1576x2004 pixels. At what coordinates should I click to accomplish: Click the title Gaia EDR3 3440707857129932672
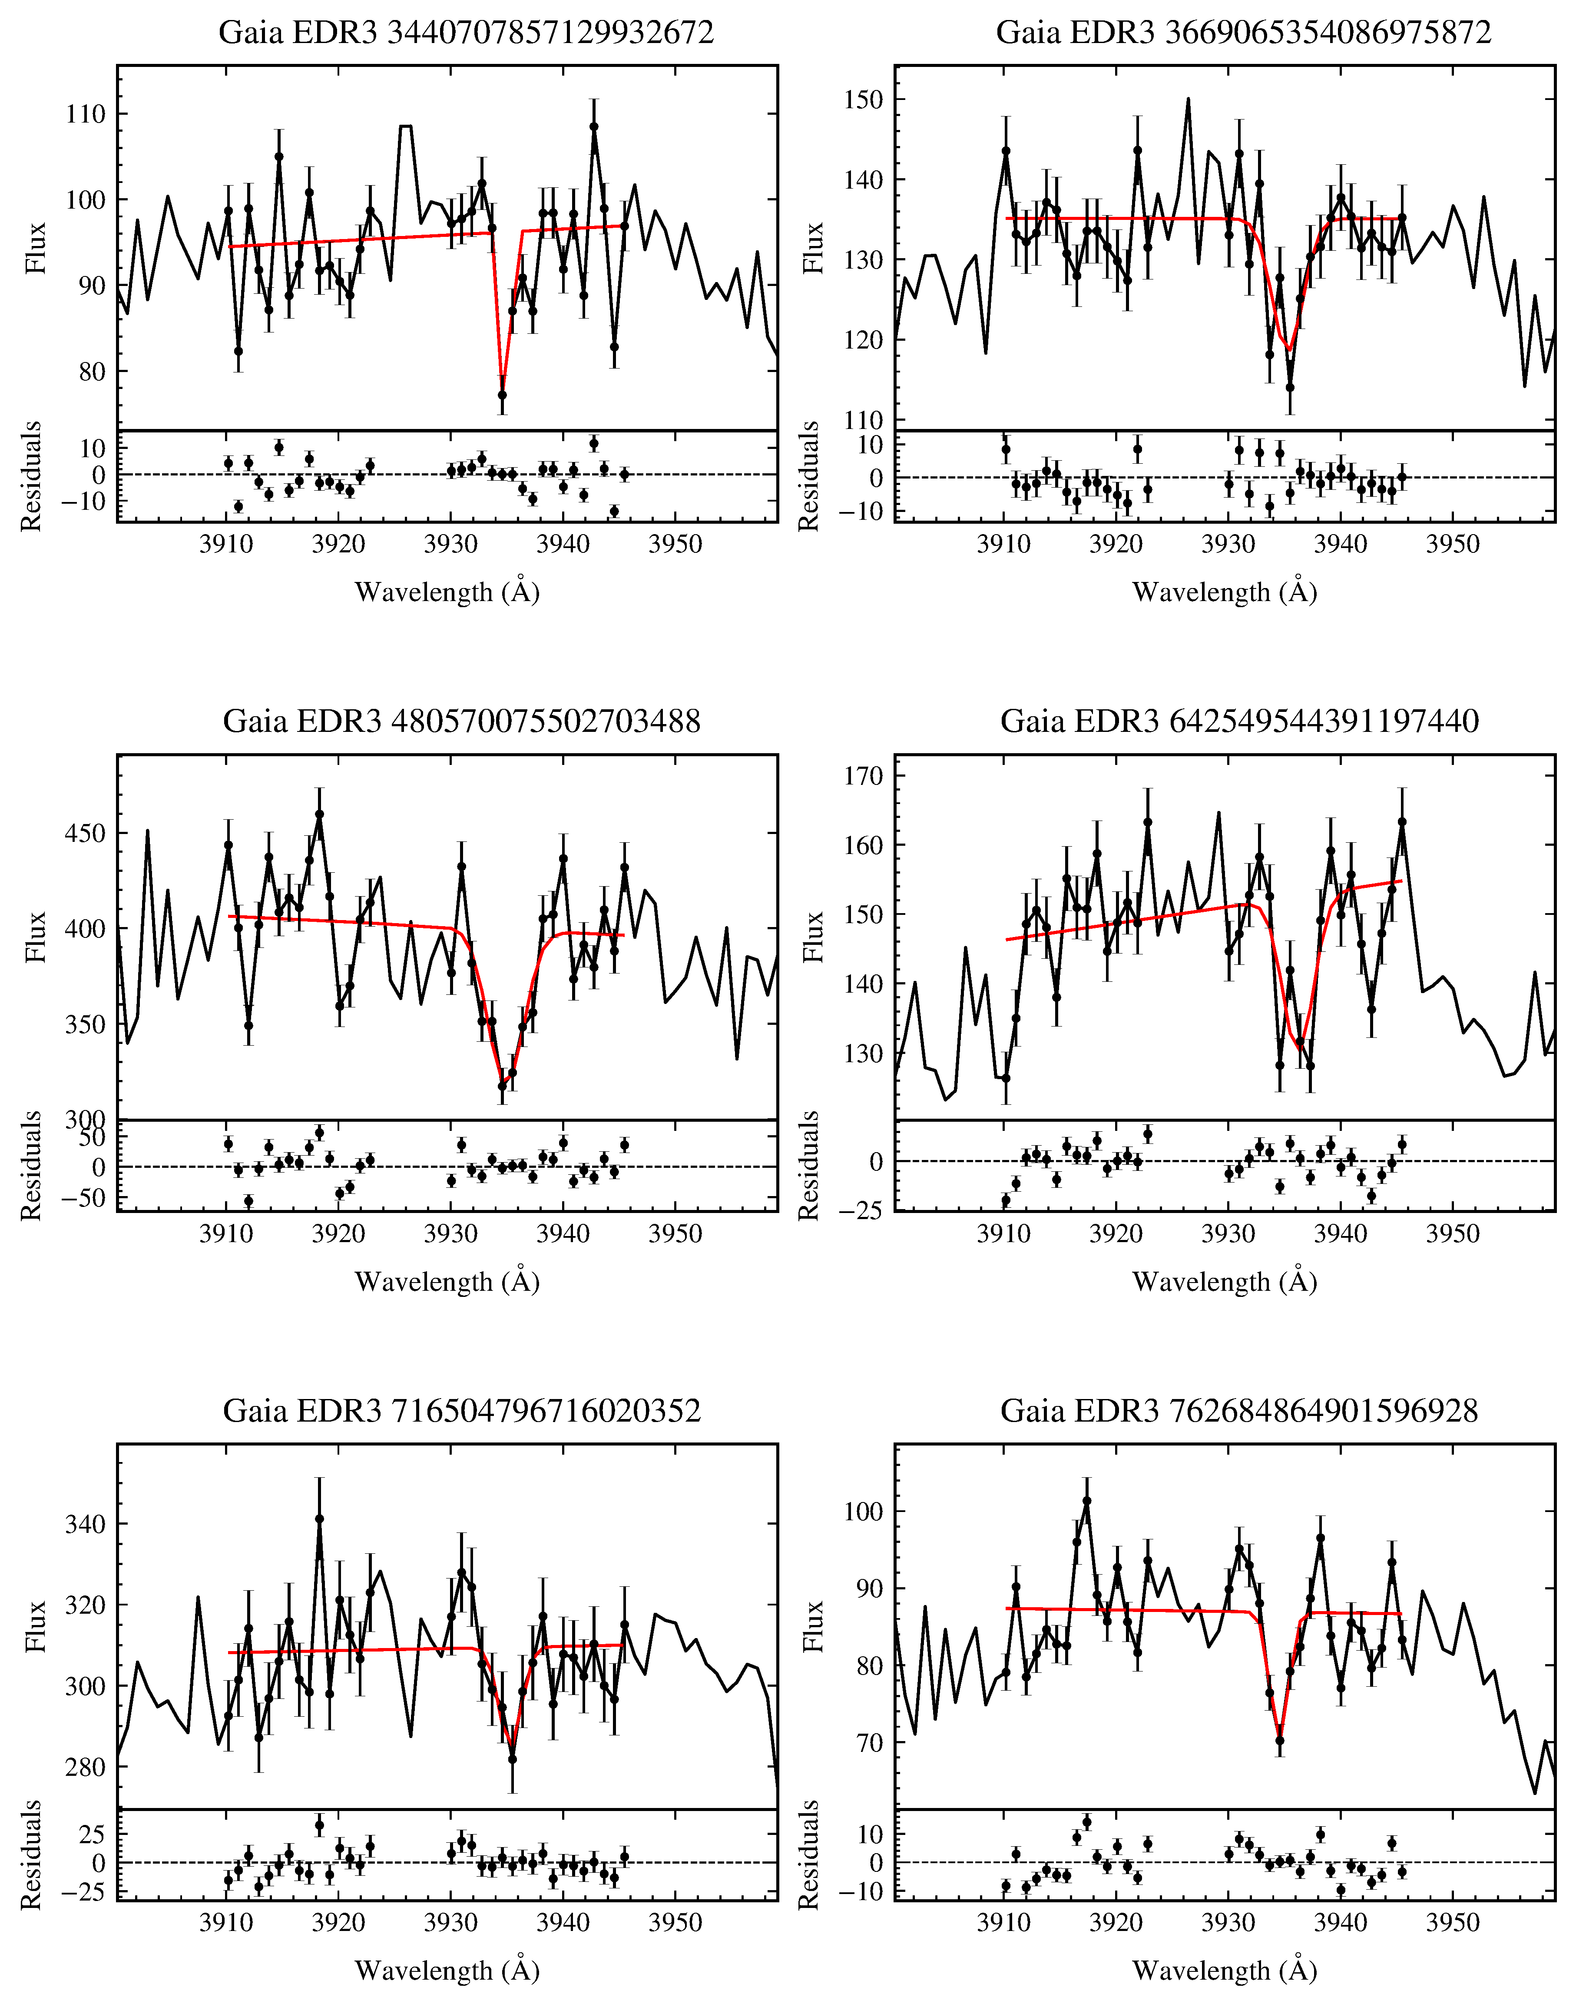click(466, 33)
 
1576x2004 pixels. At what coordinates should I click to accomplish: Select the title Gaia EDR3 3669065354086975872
click(1243, 33)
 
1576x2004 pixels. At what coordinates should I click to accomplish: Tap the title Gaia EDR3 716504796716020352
click(461, 1410)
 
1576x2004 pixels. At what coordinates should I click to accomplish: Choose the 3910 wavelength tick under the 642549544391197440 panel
click(1004, 1234)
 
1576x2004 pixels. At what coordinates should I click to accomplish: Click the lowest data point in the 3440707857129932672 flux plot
click(502, 395)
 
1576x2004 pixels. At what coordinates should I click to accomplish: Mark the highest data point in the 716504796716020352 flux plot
click(319, 1519)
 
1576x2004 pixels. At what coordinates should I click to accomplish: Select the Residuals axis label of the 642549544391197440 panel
click(809, 1166)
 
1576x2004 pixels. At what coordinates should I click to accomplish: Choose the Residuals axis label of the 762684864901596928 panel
click(809, 1855)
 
